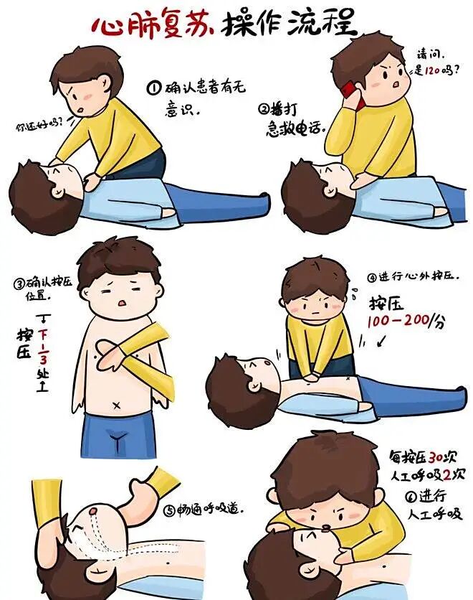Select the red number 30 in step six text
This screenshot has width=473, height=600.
tap(436, 456)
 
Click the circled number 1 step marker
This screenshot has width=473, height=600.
tap(154, 88)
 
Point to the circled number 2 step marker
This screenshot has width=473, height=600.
tap(264, 109)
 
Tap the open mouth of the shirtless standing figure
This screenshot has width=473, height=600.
tap(122, 303)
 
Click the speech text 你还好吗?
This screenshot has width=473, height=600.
tap(39, 125)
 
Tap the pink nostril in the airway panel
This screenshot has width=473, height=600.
tap(92, 510)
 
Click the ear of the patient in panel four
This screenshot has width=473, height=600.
tap(254, 384)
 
